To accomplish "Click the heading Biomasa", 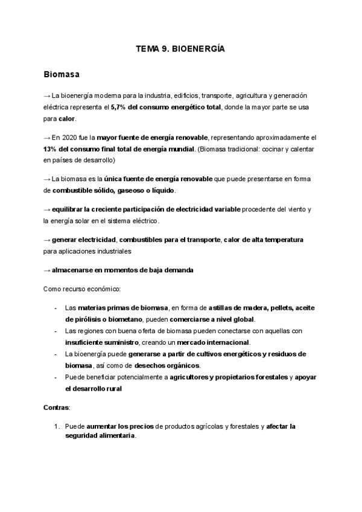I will pyautogui.click(x=63, y=75).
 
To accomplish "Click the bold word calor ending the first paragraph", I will pyautogui.click(x=66, y=118).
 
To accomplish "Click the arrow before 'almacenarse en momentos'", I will pyautogui.click(x=47, y=270).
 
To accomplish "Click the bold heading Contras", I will pyautogui.click(x=57, y=408).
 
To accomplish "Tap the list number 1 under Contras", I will pyautogui.click(x=56, y=426).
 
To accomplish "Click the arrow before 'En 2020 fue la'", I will pyautogui.click(x=47, y=138).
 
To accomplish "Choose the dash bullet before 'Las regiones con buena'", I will pyautogui.click(x=56, y=331).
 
